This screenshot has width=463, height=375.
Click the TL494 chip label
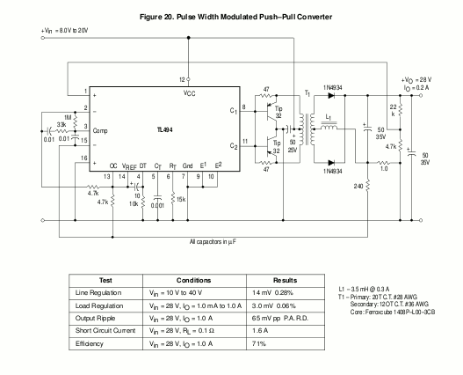point(165,130)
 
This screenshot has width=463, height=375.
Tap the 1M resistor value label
point(68,118)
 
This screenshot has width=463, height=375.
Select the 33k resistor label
point(61,125)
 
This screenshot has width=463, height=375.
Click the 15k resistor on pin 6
point(173,199)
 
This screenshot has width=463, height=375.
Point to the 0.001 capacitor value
point(157,205)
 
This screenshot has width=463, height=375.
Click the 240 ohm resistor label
point(358,187)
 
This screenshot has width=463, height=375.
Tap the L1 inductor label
point(328,117)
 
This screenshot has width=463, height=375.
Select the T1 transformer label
point(307,94)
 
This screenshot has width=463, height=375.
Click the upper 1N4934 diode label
point(332,88)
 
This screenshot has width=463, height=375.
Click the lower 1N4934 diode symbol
point(331,163)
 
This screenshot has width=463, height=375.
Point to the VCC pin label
point(189,93)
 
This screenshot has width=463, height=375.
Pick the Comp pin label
point(100,131)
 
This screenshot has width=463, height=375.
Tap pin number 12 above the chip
point(182,79)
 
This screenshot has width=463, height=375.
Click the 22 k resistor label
point(393,110)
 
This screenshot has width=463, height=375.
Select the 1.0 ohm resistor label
point(384,169)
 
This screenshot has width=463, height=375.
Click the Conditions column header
point(193,280)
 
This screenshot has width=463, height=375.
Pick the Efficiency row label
point(90,343)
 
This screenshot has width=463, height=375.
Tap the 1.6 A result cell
point(260,331)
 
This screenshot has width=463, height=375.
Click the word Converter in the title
point(315,17)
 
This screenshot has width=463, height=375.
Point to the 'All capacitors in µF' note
point(213,242)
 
